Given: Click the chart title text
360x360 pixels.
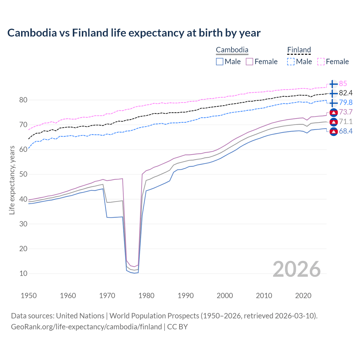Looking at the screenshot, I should [134, 33].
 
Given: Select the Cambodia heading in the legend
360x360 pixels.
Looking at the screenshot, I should [232, 50].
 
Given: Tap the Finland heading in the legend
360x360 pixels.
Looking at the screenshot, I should [299, 50].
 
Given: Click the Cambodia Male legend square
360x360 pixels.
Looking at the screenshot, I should [220, 62].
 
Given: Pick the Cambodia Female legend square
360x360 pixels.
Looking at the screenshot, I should [249, 62].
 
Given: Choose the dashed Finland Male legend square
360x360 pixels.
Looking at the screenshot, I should [291, 62].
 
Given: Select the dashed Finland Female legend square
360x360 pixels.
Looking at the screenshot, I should [321, 62].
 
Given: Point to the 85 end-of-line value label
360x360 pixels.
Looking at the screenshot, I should [343, 84].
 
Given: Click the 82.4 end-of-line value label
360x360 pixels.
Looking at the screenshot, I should [346, 93].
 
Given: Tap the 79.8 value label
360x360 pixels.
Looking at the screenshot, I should [346, 102].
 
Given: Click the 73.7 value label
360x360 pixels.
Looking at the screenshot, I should [346, 112].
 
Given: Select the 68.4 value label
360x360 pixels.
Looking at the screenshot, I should [346, 131].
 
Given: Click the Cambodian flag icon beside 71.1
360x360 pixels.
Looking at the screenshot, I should [333, 122].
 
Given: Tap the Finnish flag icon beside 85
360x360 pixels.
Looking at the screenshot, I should [333, 84].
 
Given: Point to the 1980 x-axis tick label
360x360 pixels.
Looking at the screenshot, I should [147, 296].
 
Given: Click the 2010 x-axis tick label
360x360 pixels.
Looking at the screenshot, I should [264, 296].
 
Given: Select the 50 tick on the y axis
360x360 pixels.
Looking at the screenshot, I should [23, 174].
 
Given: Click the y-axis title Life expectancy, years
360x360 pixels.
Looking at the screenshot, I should [12, 180].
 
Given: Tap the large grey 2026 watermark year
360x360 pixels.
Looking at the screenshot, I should [297, 269].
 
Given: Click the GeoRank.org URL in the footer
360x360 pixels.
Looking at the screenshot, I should [86, 327].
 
